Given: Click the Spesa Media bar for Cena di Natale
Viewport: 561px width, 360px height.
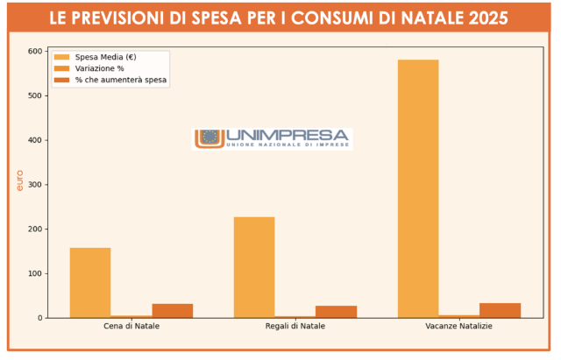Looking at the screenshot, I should (x=90, y=282).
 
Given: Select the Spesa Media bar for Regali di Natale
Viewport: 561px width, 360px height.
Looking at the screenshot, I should (x=254, y=266).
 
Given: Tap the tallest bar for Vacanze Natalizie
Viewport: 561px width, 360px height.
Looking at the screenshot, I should (x=418, y=188).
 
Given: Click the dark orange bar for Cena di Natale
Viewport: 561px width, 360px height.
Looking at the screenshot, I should (x=172, y=310).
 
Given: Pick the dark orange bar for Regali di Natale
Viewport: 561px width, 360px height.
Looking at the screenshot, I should (x=336, y=311).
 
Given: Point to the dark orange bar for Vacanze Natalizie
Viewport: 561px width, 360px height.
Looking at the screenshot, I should (x=500, y=310).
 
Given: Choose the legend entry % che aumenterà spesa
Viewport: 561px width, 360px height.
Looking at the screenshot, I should (x=120, y=80).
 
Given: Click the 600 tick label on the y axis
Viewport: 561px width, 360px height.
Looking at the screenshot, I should (x=35, y=51).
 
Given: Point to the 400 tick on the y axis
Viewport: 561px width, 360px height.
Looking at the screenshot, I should (x=35, y=140).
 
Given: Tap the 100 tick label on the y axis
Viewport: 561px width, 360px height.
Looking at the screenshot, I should (x=35, y=273).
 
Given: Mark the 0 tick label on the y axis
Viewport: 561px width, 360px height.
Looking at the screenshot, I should (x=40, y=318).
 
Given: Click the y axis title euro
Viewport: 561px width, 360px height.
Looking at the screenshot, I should (x=19, y=181).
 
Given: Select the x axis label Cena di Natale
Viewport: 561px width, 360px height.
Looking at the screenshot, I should (x=131, y=327).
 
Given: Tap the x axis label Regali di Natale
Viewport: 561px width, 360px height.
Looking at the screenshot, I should (x=295, y=327).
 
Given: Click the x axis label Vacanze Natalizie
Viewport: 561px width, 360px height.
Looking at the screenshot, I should (x=459, y=327).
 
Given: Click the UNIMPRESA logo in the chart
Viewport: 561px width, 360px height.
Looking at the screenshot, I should (x=272, y=138).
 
